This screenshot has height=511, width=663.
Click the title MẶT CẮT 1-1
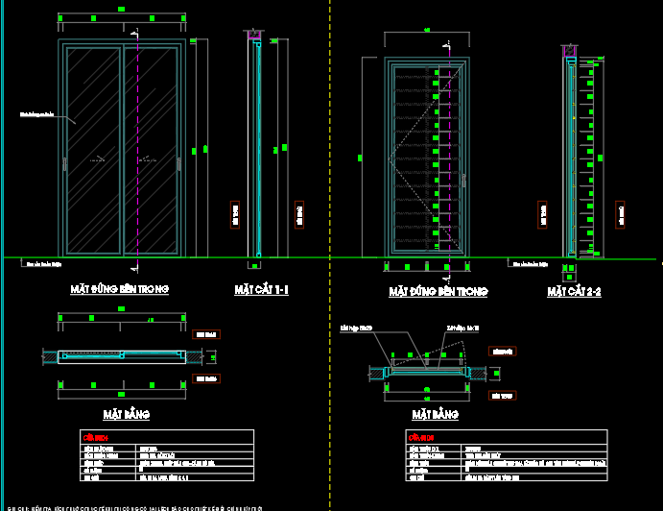(262, 289)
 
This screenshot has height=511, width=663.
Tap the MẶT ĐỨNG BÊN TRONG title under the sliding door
(120, 289)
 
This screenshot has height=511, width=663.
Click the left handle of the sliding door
(64, 164)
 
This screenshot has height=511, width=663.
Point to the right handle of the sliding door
(180, 164)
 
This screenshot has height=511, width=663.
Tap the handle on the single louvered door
(462, 180)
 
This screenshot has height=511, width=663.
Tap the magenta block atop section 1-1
(255, 36)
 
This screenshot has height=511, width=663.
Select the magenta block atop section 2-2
(569, 47)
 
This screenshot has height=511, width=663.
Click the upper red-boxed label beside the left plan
(205, 334)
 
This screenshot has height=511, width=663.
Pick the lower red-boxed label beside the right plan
(497, 395)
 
